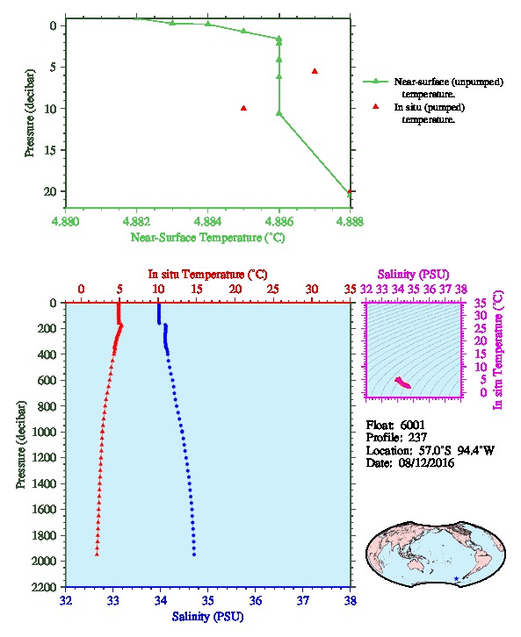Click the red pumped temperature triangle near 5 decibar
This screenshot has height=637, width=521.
tap(315, 71)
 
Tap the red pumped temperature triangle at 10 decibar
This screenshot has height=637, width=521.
tap(243, 108)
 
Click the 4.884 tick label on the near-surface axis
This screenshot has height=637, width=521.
tap(208, 221)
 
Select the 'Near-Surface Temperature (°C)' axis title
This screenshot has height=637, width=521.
tap(207, 237)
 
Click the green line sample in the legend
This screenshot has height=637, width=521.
tap(376, 82)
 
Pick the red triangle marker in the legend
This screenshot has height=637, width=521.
tap(376, 106)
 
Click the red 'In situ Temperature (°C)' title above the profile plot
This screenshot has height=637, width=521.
tap(207, 275)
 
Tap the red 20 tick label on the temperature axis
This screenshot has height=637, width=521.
tap(235, 289)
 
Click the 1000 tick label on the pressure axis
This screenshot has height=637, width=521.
tap(45, 432)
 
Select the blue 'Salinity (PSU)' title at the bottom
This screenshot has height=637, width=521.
tap(208, 616)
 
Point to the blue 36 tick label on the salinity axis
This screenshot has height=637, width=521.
tap(256, 600)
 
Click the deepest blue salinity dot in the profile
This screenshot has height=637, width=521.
tap(194, 555)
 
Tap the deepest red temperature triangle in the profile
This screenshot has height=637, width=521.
tap(97, 554)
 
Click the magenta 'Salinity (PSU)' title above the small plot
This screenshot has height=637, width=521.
tap(413, 275)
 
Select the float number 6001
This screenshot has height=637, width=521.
tap(412, 425)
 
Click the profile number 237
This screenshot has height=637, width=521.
tap(417, 438)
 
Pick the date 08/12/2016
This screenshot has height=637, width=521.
tap(426, 462)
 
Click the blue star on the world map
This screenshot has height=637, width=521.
tap(456, 578)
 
